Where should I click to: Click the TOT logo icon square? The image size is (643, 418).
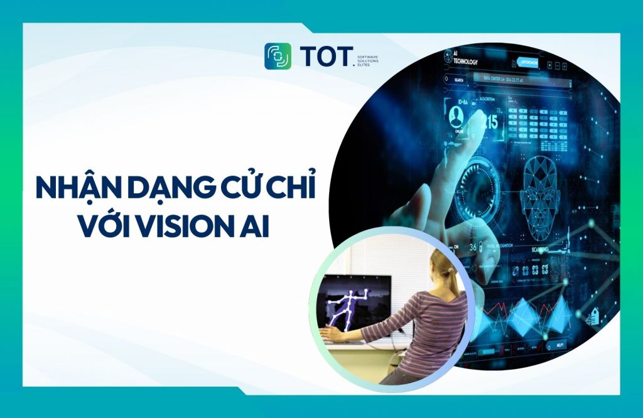point(278,56)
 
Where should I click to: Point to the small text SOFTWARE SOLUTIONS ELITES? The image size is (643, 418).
point(367,60)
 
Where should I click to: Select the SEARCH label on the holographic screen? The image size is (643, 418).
point(458,80)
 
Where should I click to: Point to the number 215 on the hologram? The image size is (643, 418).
point(490,121)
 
